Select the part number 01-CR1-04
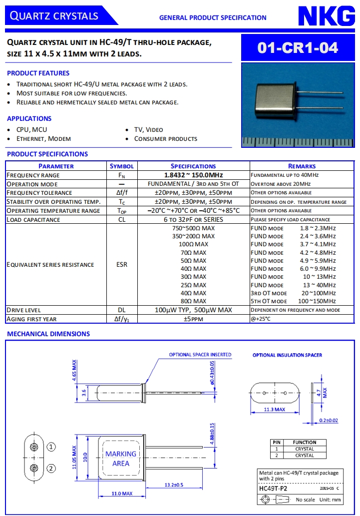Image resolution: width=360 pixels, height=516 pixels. [298, 47]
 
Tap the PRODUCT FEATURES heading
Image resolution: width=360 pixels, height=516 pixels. [38, 73]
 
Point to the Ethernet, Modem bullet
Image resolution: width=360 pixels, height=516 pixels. [44, 138]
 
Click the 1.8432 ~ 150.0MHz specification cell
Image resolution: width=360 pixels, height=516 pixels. [193, 175]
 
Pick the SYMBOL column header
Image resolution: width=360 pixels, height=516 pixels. [122, 166]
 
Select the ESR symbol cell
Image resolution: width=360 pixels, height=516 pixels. [122, 264]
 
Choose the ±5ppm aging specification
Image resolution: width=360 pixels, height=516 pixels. [193, 319]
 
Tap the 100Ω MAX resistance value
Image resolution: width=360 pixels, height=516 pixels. [193, 244]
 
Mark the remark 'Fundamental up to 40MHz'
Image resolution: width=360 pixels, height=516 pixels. [285, 175]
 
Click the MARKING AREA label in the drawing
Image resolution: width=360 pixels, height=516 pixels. [121, 459]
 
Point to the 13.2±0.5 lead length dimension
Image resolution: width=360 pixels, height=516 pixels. [174, 485]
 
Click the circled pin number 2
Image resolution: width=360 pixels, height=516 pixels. [51, 468]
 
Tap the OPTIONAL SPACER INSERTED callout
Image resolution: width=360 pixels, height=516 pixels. [200, 355]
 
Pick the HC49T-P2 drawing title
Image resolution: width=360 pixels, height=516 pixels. [273, 488]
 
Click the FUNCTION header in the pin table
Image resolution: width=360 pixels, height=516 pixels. [305, 442]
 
